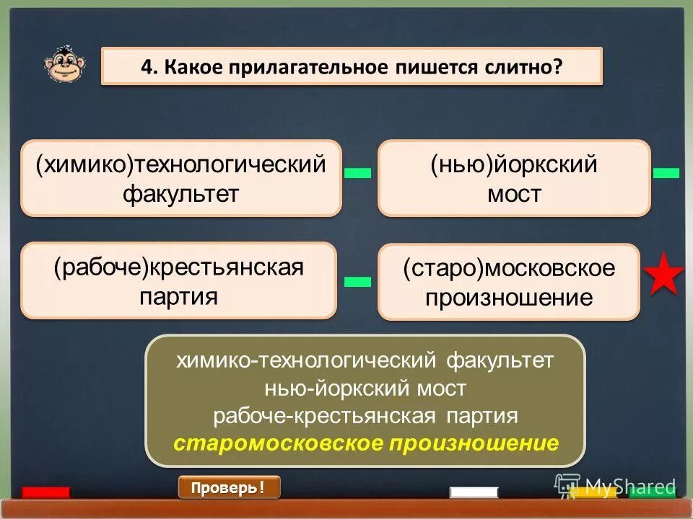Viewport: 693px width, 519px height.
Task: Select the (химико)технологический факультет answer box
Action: pos(180,178)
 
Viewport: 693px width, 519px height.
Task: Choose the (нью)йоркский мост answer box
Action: pos(514,178)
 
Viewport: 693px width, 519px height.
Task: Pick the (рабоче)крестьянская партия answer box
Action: pos(178,280)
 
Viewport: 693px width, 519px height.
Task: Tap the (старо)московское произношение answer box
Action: pos(509,282)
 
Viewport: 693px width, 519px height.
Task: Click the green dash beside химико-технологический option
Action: pos(357,173)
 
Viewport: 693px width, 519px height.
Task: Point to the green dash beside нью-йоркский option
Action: pos(666,172)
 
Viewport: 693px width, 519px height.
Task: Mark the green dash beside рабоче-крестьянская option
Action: pos(357,281)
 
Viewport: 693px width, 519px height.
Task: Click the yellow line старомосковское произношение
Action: pos(366,443)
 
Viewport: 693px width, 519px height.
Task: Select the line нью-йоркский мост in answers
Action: pos(366,389)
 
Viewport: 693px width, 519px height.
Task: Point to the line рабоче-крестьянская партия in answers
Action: pos(366,416)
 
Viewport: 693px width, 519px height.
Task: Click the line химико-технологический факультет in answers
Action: pos(366,360)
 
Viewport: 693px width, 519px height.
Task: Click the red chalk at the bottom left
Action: pos(45,492)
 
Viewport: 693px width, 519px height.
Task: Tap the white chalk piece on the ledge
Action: pos(474,492)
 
